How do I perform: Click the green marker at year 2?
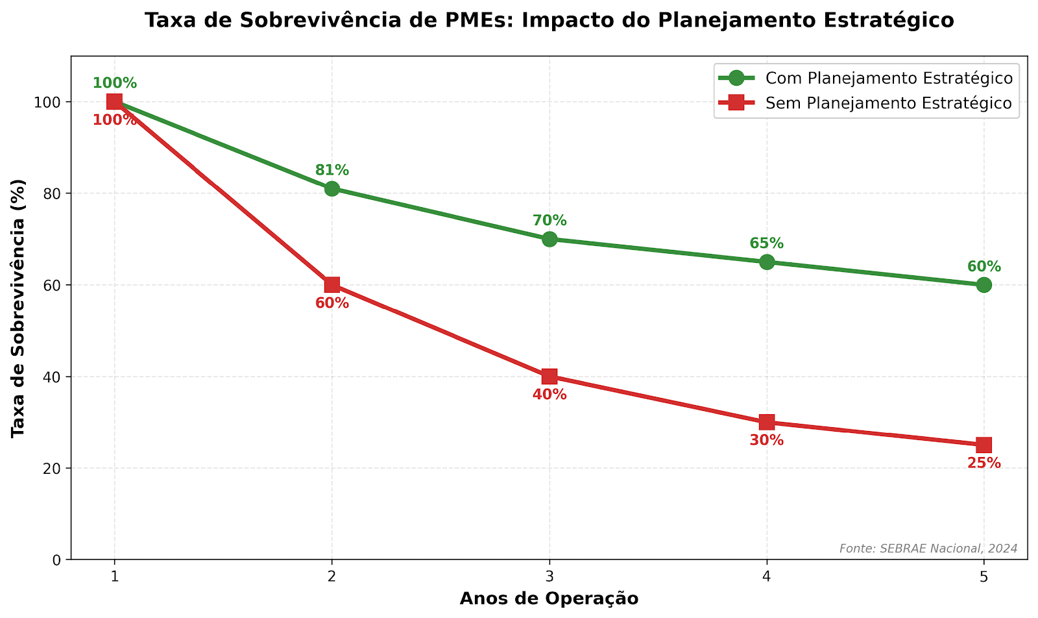pos(332,189)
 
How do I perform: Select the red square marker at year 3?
pos(549,377)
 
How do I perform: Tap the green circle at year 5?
pos(984,285)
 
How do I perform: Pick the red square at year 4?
pos(767,422)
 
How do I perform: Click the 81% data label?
pos(332,171)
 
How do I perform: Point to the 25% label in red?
pos(984,463)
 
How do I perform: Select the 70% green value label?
pos(549,221)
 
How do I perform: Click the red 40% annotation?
pos(549,395)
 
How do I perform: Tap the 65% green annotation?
pos(767,244)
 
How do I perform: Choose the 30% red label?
pos(767,441)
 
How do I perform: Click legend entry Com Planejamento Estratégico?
pos(889,79)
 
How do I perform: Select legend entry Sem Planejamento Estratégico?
pos(889,103)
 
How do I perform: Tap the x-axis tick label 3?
pos(549,576)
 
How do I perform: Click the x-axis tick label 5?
pos(984,576)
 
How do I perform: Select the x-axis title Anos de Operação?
pos(549,599)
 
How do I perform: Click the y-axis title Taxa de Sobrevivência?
pos(19,308)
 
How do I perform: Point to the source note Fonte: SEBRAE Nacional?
pos(928,549)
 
